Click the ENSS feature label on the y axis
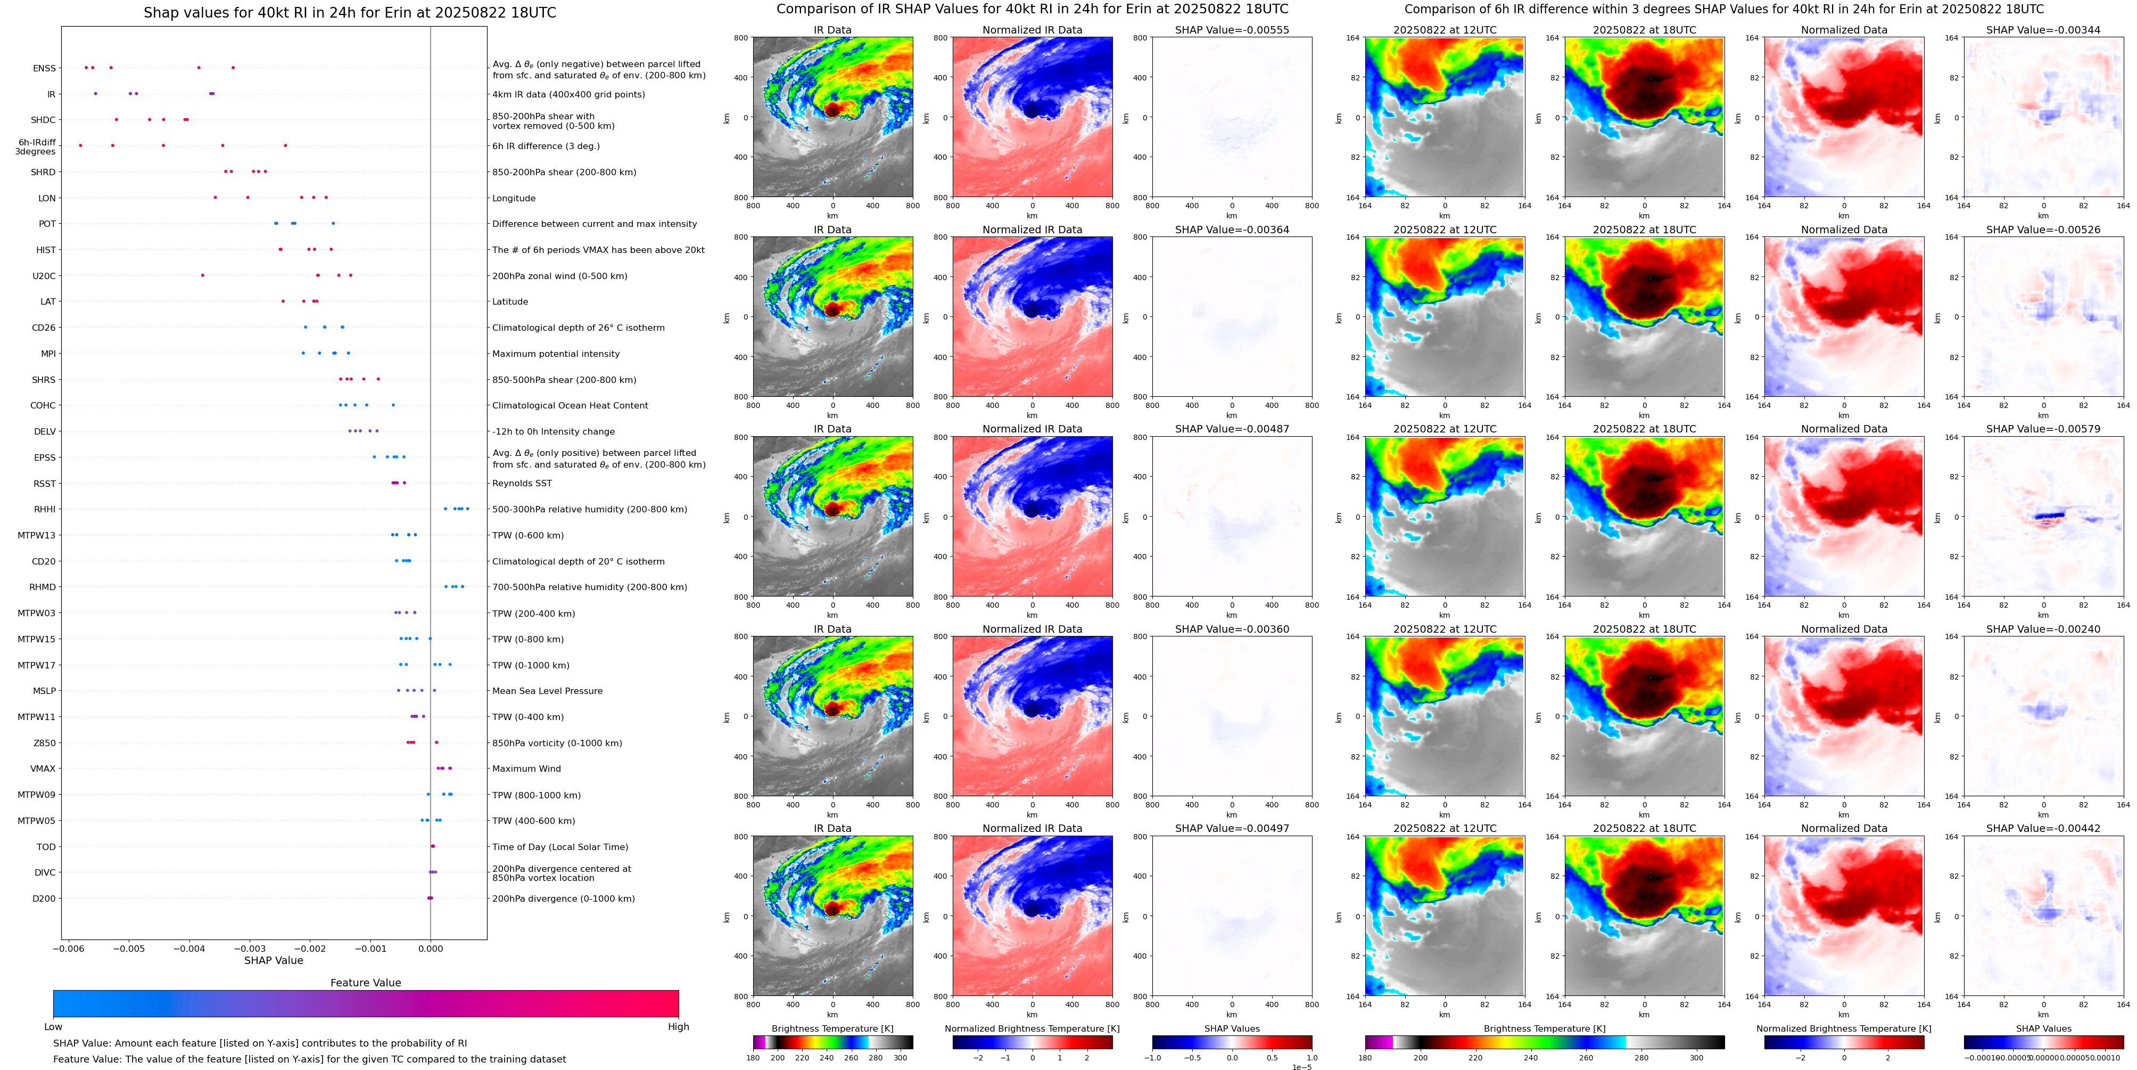(44, 68)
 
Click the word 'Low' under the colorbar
(53, 1027)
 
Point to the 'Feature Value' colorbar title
(365, 983)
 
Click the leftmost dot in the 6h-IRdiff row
(80, 145)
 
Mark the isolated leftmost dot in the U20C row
(202, 275)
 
